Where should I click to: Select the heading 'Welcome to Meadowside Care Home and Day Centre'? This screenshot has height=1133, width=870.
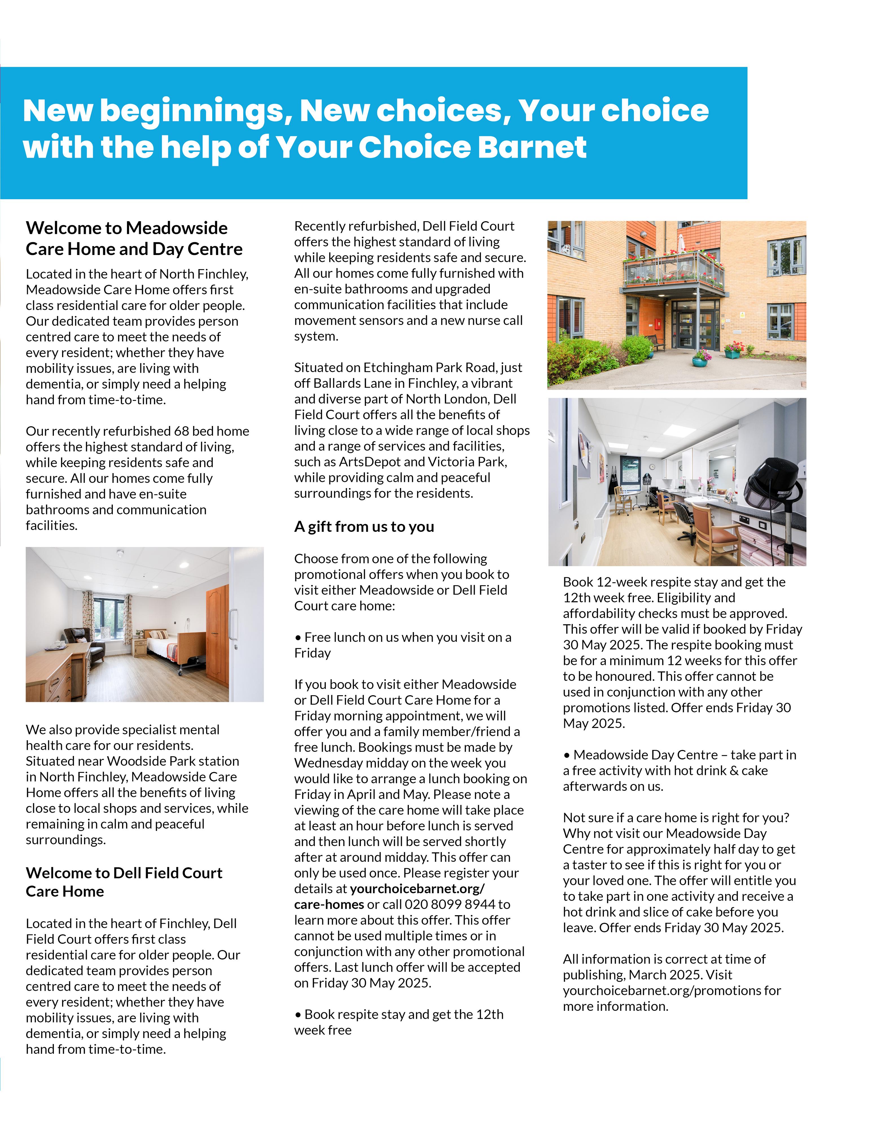134,238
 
